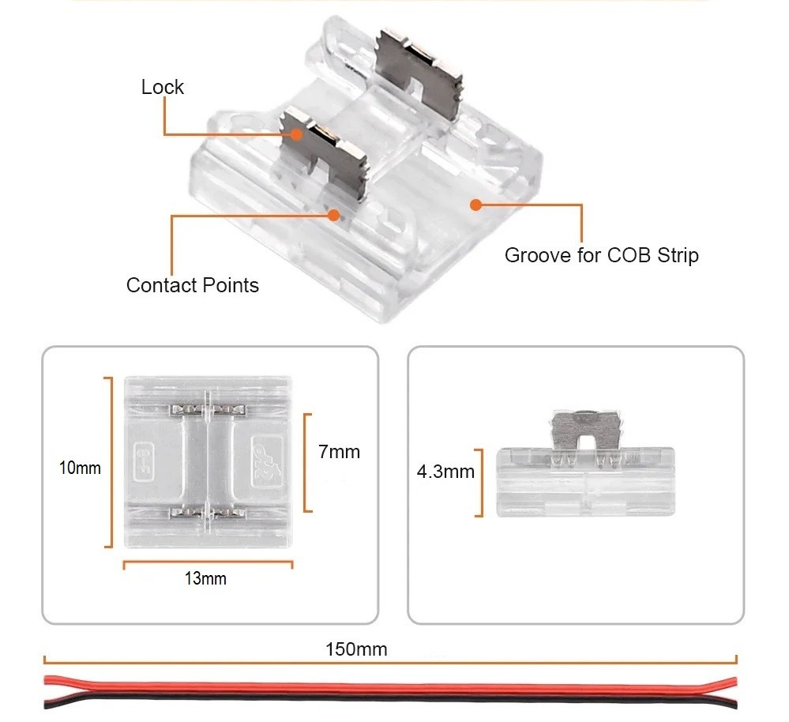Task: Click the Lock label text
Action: [162, 87]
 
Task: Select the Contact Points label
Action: [192, 284]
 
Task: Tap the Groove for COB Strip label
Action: [601, 255]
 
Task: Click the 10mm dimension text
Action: [80, 468]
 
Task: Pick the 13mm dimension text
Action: [205, 579]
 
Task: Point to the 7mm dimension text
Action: [339, 452]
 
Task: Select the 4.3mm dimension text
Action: [445, 472]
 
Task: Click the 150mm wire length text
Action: [356, 649]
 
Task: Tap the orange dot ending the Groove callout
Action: [475, 205]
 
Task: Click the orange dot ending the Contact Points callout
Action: [334, 214]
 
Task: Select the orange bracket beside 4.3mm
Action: [479, 483]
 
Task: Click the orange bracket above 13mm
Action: [208, 563]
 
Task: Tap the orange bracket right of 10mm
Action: [108, 462]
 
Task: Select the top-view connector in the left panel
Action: [209, 462]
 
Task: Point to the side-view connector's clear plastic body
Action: [584, 483]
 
